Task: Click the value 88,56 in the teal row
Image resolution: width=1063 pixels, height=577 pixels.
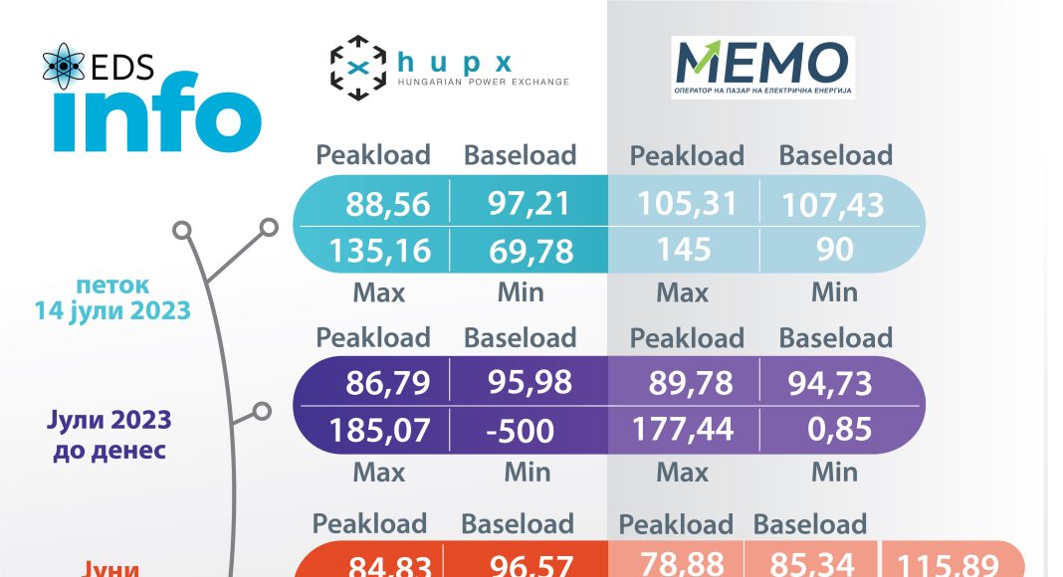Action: pos(388,204)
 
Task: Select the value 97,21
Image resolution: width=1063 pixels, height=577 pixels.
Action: pos(530,203)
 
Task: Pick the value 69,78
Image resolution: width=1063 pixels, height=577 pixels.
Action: pos(531,250)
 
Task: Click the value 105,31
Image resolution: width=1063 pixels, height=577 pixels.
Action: pos(688,203)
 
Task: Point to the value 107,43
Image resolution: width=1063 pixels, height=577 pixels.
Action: pos(832,204)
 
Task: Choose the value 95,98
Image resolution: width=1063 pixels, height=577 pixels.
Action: pos(530,383)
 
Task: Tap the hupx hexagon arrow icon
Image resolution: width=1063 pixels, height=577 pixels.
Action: pos(357,67)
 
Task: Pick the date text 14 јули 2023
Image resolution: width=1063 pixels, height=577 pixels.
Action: pos(111,310)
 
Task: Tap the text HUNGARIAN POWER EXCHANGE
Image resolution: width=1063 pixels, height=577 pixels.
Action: pos(484,82)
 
